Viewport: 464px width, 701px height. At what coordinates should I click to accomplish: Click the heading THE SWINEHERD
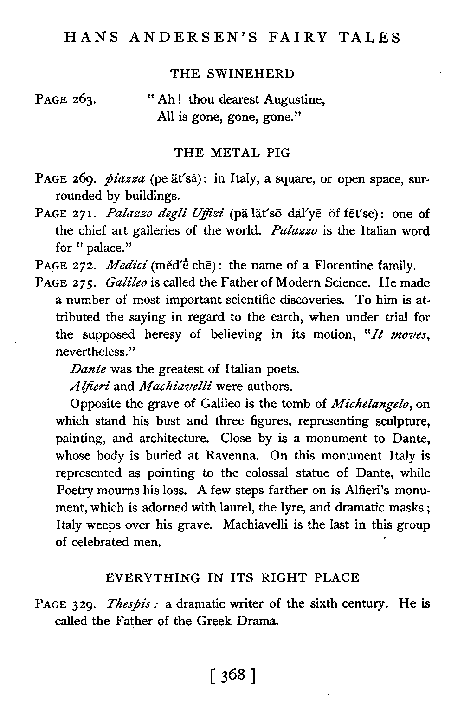(232, 74)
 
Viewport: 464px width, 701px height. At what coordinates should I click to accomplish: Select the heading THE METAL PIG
(232, 152)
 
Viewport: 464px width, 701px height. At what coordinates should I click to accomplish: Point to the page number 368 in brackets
(233, 673)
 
